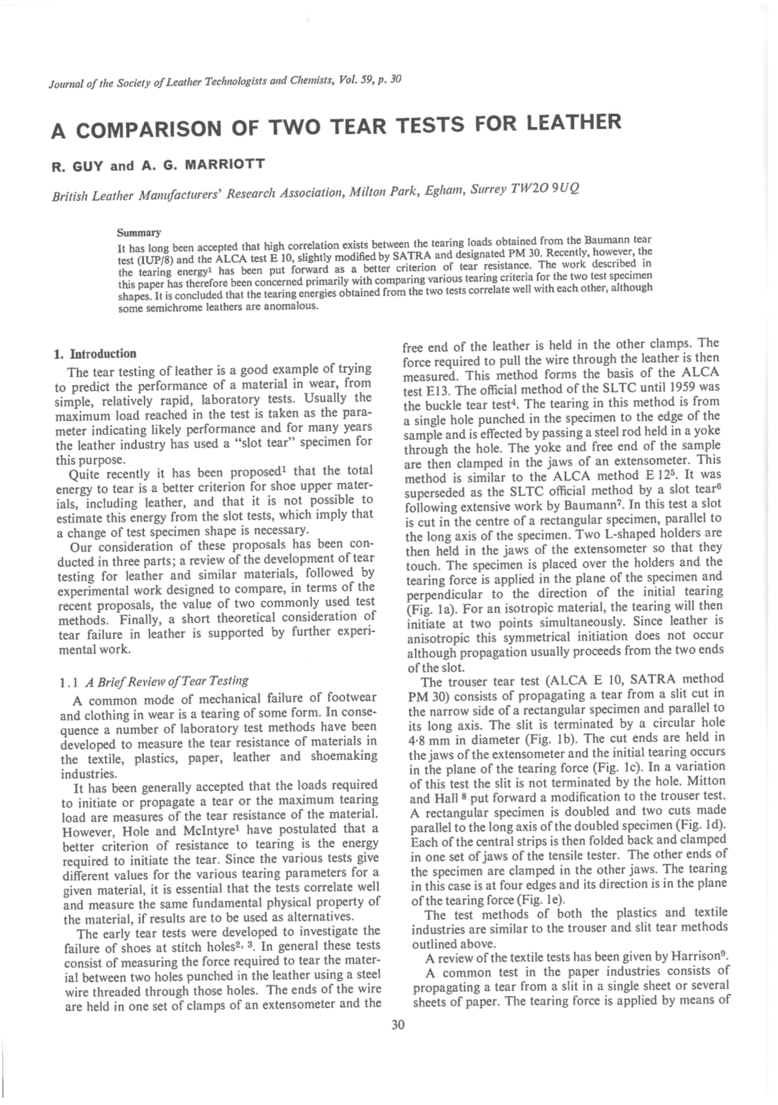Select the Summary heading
(x=139, y=233)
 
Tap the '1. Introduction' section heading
(x=95, y=354)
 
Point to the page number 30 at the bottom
(x=398, y=1024)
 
